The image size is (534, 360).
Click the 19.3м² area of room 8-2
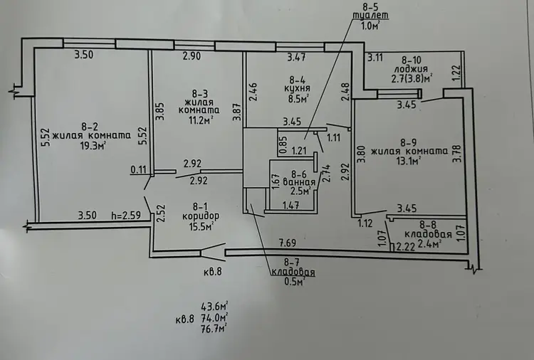(x=91, y=146)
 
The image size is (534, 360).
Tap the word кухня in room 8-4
(x=298, y=88)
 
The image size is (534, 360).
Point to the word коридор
(x=201, y=216)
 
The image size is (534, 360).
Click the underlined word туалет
(x=371, y=16)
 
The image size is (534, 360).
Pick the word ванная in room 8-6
(x=299, y=183)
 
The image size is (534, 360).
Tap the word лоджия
(x=412, y=69)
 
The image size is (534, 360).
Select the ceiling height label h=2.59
(x=126, y=216)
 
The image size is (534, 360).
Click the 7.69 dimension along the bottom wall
(x=288, y=243)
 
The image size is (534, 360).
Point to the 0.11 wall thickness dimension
(x=138, y=169)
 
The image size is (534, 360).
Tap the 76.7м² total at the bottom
(x=214, y=329)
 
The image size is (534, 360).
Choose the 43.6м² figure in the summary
(x=214, y=307)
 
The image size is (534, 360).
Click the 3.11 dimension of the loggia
(x=375, y=58)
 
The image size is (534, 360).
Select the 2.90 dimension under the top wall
(x=192, y=56)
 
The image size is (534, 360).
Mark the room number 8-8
(x=428, y=225)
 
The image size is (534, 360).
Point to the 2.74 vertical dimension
(x=326, y=174)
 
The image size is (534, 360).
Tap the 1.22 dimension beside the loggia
(x=457, y=73)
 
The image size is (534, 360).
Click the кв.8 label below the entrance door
(x=212, y=272)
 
